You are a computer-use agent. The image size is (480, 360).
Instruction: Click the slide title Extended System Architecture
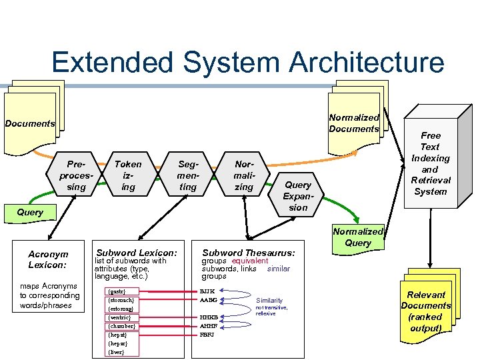pos(247,62)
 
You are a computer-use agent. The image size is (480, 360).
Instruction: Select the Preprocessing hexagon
pos(77,175)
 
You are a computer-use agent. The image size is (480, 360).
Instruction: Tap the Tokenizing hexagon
pos(128,175)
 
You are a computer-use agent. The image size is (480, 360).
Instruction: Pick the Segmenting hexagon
pos(188,175)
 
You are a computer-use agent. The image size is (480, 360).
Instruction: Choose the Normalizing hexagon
pos(244,175)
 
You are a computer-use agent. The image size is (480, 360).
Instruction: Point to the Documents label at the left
pos(29,123)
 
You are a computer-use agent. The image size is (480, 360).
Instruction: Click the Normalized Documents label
pos(354,123)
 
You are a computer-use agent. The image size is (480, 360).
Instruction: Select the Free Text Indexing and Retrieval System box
pos(430,163)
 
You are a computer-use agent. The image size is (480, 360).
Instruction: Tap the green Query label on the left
pos(29,212)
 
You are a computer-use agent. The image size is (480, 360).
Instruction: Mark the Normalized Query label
pos(358,237)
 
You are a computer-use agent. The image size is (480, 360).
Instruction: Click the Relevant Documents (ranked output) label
pos(426,311)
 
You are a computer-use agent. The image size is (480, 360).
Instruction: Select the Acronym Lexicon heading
pos(48,259)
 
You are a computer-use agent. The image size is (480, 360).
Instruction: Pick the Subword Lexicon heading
pos(137,253)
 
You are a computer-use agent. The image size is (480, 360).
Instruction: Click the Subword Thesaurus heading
pos(248,253)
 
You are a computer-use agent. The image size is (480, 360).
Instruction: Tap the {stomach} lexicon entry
pos(122,300)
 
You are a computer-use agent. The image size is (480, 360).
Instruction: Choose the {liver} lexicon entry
pos(117,351)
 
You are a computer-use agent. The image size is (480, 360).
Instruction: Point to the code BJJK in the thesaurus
pos(207,291)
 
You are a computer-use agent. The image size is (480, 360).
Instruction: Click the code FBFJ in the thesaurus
pos(207,335)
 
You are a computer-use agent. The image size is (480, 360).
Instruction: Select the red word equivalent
pos(250,261)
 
